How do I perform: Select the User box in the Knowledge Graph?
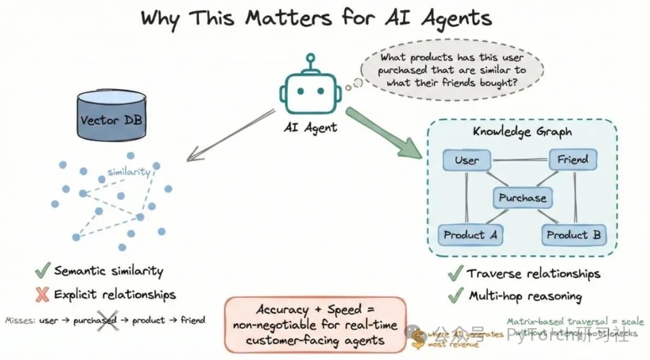pyautogui.click(x=466, y=160)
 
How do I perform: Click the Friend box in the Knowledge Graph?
pyautogui.click(x=572, y=160)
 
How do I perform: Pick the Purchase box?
pyautogui.click(x=522, y=197)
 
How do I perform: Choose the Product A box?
pyautogui.click(x=470, y=235)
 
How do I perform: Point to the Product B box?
pyautogui.click(x=573, y=235)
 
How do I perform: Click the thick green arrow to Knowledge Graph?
pyautogui.click(x=385, y=134)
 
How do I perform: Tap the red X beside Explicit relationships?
pyautogui.click(x=42, y=294)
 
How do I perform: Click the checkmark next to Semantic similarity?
pyautogui.click(x=42, y=271)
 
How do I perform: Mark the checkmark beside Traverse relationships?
pyautogui.click(x=455, y=273)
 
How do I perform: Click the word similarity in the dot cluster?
pyautogui.click(x=128, y=172)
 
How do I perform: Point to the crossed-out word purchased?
pyautogui.click(x=94, y=320)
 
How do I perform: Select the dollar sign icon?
pyautogui.click(x=418, y=340)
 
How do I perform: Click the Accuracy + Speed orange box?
pyautogui.click(x=315, y=324)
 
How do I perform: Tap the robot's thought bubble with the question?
pyautogui.click(x=452, y=70)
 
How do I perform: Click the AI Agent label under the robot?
pyautogui.click(x=311, y=127)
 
